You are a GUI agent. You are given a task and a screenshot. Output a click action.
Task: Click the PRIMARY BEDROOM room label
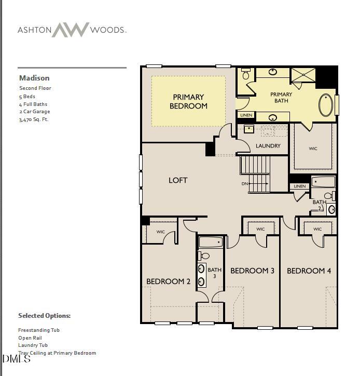click(188, 101)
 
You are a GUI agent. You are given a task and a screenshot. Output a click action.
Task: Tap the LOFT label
click(178, 180)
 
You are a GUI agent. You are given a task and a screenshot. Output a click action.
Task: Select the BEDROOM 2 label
click(168, 281)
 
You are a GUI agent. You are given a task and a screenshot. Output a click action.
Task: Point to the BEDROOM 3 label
click(252, 271)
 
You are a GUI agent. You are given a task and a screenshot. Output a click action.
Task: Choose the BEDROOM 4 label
click(309, 271)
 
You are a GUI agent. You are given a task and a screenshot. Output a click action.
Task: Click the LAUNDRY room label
click(268, 146)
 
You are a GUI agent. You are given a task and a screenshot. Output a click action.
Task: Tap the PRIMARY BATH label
click(281, 97)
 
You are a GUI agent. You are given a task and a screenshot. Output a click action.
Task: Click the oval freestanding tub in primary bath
click(326, 105)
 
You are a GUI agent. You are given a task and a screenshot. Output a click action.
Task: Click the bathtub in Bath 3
click(211, 242)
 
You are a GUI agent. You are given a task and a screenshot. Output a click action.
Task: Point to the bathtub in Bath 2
click(323, 182)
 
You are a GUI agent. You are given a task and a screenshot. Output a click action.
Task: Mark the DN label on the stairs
click(245, 184)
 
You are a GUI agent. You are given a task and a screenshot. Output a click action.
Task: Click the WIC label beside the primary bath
click(313, 149)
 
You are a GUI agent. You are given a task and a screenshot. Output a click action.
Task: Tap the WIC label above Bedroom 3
click(260, 229)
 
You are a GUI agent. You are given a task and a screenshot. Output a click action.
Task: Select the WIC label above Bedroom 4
click(317, 229)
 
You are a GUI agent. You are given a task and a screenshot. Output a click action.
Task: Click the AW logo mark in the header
click(71, 30)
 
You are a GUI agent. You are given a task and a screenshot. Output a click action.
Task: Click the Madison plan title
click(34, 78)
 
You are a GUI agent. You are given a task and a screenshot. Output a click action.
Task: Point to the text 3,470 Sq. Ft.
click(34, 119)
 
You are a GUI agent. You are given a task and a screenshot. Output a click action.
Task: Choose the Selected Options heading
click(44, 316)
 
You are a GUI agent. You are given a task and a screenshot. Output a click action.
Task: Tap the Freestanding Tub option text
click(39, 330)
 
